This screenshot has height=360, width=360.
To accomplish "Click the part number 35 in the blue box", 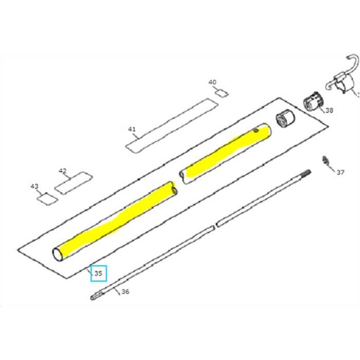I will pos(98,273).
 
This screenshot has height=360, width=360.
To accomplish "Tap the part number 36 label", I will pos(125,291).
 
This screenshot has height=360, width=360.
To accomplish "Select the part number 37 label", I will pos(340,172).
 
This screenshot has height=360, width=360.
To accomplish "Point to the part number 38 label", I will pos(329,110).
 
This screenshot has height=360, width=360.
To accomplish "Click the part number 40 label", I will pos(212,82).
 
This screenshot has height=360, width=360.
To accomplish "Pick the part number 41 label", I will pos(131,129).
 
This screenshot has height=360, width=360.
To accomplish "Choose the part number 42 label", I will pos(63,171).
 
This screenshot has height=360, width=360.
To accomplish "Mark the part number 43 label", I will pos(34,186).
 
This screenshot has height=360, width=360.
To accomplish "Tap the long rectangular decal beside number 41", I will pos(170,126).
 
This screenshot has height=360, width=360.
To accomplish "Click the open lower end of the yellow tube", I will pos(59,253).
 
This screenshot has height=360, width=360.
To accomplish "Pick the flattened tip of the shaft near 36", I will pos(97,298).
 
